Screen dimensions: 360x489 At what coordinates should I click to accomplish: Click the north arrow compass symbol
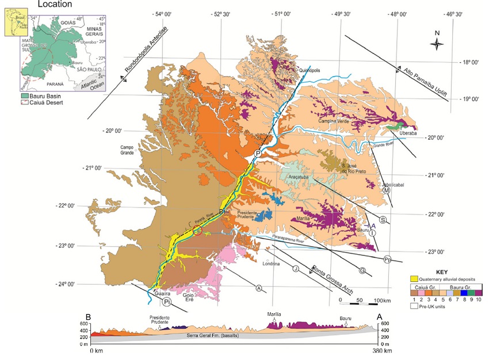[437, 43]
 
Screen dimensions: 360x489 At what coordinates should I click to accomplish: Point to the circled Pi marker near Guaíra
[167, 301]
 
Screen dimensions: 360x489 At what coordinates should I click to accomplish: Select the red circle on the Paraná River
[198, 231]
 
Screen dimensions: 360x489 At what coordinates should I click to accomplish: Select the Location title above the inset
[55, 4]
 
